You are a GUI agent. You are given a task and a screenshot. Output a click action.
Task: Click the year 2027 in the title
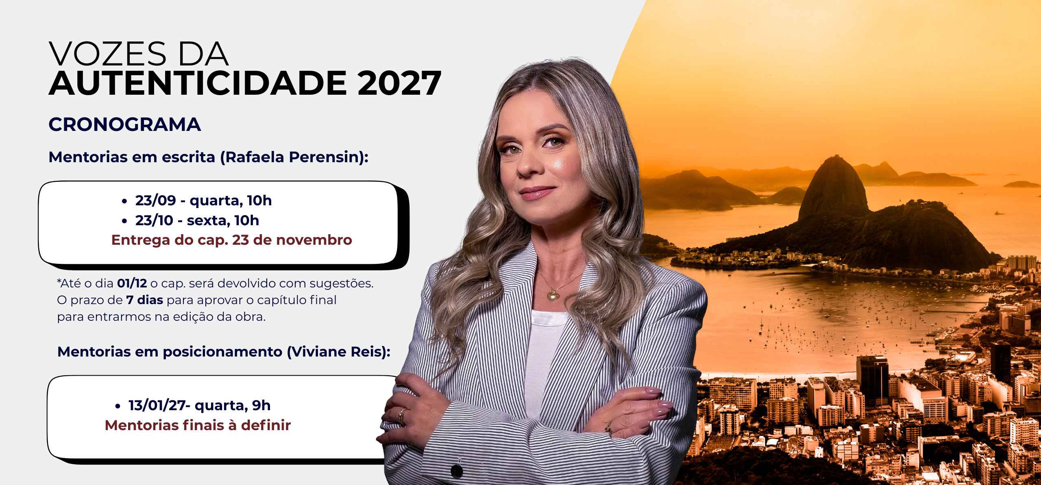click(400, 83)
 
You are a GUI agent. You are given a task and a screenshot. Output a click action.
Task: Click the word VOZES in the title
click(108, 54)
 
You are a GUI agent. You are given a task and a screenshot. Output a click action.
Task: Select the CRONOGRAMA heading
click(125, 124)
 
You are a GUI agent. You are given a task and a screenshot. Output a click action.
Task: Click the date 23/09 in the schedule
click(156, 200)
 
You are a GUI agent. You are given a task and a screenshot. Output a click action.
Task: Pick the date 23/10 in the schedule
click(154, 220)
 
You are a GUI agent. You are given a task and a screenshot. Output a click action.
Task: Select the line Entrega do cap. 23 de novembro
click(232, 240)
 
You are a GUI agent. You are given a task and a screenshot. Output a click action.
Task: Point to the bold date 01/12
click(132, 283)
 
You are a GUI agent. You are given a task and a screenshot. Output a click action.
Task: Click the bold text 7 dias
click(145, 300)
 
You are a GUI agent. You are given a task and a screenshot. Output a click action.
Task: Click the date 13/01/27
click(157, 405)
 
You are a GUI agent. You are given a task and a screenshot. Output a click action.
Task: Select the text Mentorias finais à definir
click(198, 425)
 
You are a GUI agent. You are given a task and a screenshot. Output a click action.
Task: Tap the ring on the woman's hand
click(401, 415)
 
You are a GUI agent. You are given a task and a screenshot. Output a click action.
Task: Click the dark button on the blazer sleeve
click(457, 471)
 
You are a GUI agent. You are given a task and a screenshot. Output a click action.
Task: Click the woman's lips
click(538, 192)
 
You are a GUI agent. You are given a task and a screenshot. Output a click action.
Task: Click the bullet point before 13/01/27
click(118, 406)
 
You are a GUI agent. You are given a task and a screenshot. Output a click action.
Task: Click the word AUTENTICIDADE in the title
click(198, 83)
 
